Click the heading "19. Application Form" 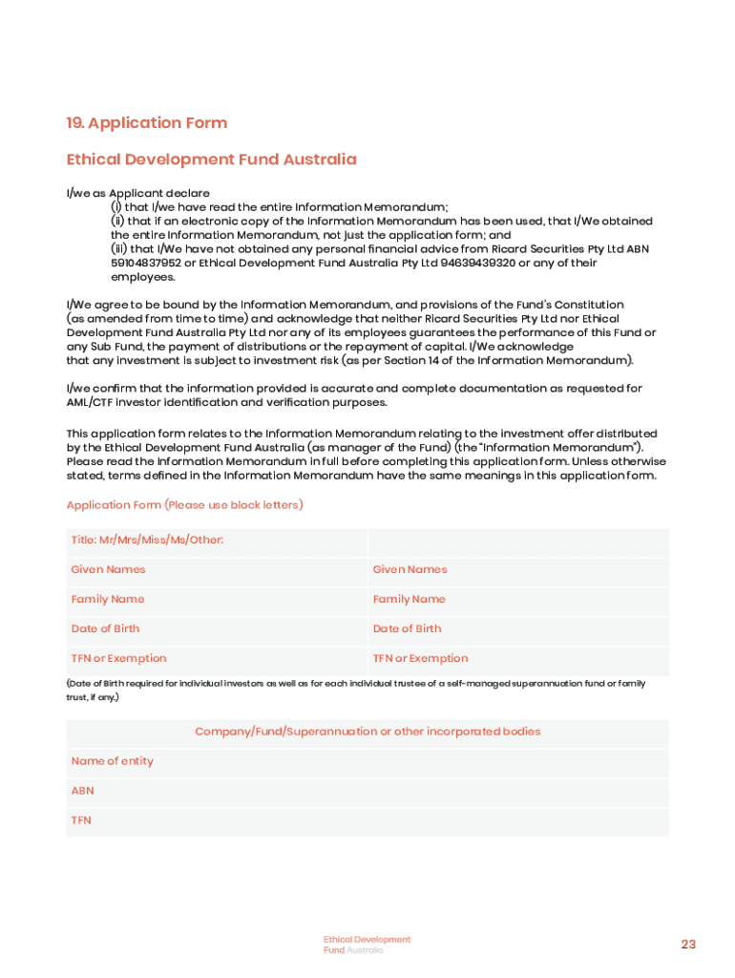[x=146, y=123]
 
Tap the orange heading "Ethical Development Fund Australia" [x=211, y=159]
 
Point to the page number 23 [x=688, y=945]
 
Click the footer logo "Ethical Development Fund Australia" [x=367, y=945]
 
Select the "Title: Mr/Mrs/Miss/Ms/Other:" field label [x=147, y=541]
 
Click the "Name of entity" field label [x=112, y=761]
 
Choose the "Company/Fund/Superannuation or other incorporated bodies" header [x=367, y=732]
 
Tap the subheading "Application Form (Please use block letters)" [x=184, y=504]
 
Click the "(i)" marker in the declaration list [x=116, y=207]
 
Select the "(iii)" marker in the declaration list [x=119, y=249]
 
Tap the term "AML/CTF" [x=94, y=402]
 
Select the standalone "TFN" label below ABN [x=81, y=820]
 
